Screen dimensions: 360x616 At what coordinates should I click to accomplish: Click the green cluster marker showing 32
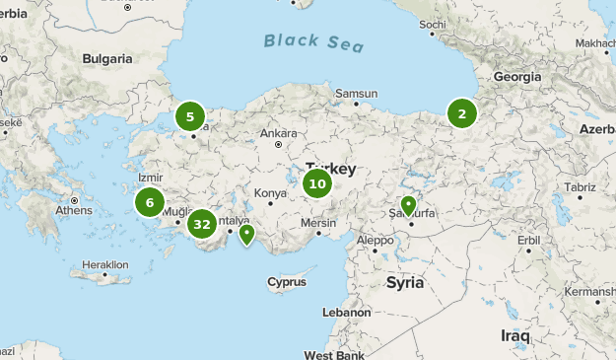(x=202, y=224)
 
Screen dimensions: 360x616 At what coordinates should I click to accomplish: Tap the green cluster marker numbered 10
(x=316, y=183)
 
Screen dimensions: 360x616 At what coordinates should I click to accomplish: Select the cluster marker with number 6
(x=150, y=203)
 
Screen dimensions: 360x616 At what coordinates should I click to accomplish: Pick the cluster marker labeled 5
(x=189, y=117)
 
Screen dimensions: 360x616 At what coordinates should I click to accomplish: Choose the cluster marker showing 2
(x=461, y=113)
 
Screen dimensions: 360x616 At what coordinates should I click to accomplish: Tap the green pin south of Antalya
(x=246, y=234)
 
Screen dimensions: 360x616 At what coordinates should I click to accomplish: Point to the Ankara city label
(x=278, y=133)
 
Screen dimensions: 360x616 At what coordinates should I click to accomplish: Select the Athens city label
(x=74, y=211)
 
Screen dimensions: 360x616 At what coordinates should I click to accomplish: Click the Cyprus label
(x=287, y=283)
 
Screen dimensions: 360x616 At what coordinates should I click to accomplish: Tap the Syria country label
(x=404, y=283)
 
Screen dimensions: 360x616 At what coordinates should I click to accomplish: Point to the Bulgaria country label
(x=107, y=59)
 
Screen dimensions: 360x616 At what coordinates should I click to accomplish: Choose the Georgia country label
(x=517, y=76)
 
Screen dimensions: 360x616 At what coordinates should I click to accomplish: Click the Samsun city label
(x=357, y=95)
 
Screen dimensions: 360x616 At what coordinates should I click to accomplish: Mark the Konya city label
(x=270, y=193)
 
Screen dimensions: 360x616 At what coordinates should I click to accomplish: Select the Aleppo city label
(x=375, y=240)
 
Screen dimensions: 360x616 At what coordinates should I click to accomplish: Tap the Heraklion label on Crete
(x=105, y=264)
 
